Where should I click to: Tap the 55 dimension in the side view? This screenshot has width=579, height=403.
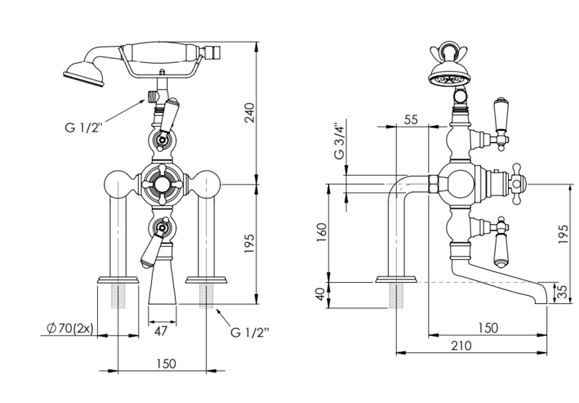click(411, 120)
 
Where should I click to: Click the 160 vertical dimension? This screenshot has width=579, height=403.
click(321, 234)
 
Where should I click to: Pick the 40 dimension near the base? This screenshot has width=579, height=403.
click(321, 294)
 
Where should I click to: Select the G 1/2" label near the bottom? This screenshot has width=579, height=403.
click(250, 334)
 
